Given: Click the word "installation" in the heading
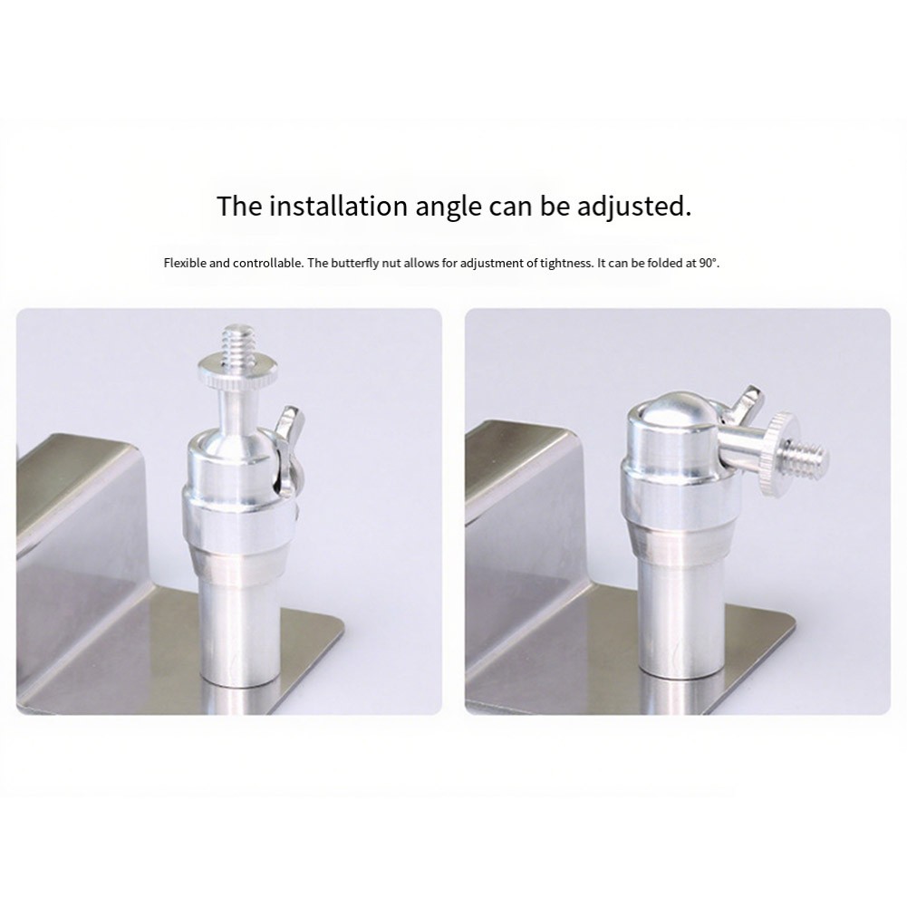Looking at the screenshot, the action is (x=338, y=206).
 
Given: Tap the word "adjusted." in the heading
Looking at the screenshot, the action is (x=633, y=206).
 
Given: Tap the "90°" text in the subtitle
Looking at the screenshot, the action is (x=709, y=263).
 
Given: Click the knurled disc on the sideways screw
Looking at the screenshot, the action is (x=778, y=454).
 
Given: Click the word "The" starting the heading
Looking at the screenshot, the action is (x=239, y=206).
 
